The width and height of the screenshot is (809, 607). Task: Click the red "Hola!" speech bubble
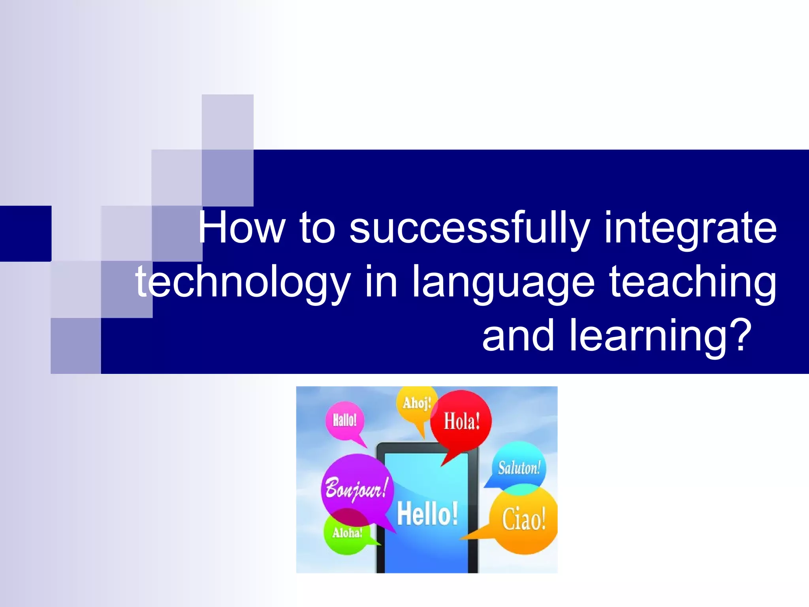point(461,420)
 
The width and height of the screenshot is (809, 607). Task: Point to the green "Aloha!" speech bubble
point(347,533)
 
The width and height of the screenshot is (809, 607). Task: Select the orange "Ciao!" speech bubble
point(524,519)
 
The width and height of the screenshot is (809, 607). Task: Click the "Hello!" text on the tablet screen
point(427,514)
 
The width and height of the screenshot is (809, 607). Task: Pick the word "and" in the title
point(518,336)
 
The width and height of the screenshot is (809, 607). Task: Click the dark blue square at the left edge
point(25,233)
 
